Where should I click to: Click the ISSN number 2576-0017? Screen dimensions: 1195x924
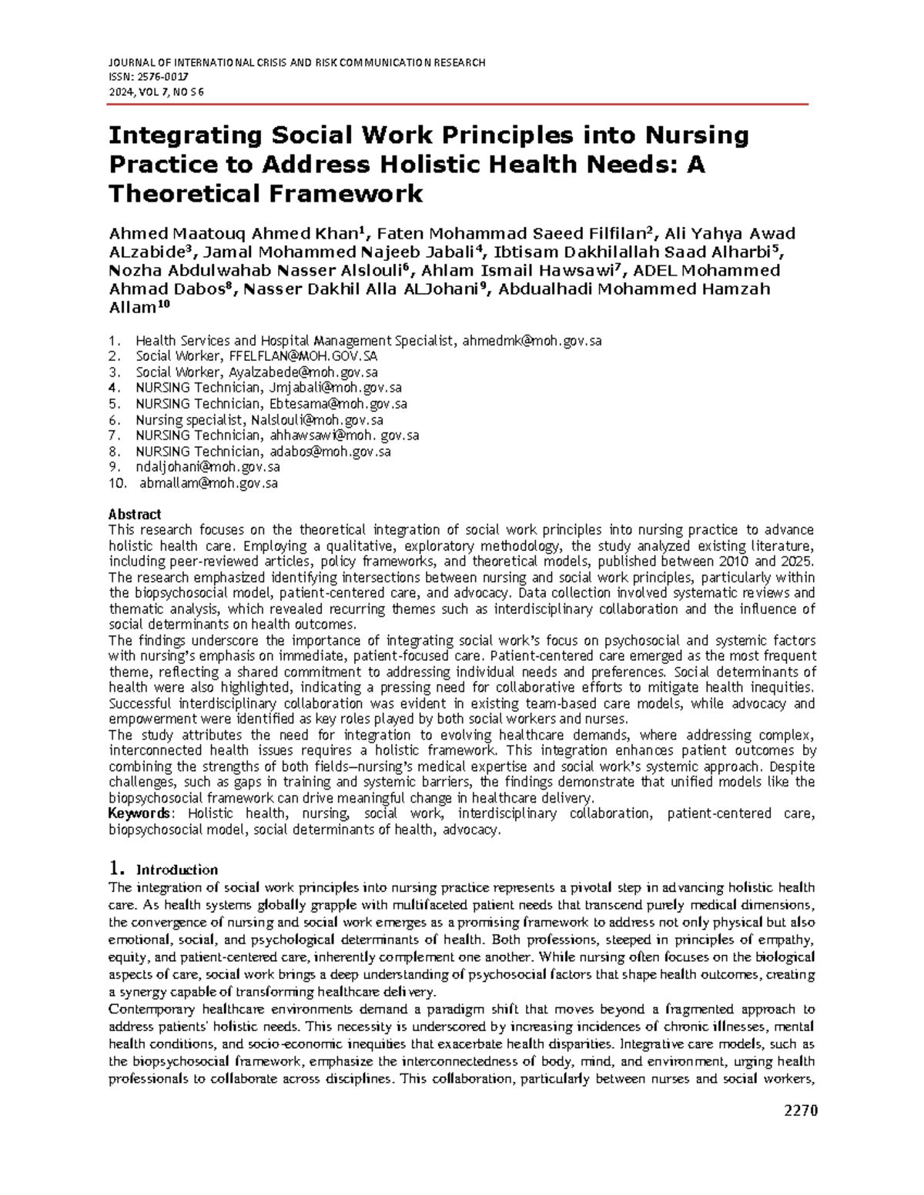(x=162, y=78)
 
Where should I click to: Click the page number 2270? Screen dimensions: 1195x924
(x=800, y=1110)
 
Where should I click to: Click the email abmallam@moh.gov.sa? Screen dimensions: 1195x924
(x=208, y=483)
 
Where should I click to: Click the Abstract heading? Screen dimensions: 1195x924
(x=135, y=514)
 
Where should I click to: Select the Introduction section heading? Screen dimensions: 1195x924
(x=177, y=870)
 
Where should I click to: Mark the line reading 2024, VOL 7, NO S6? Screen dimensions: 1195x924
(x=156, y=92)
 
